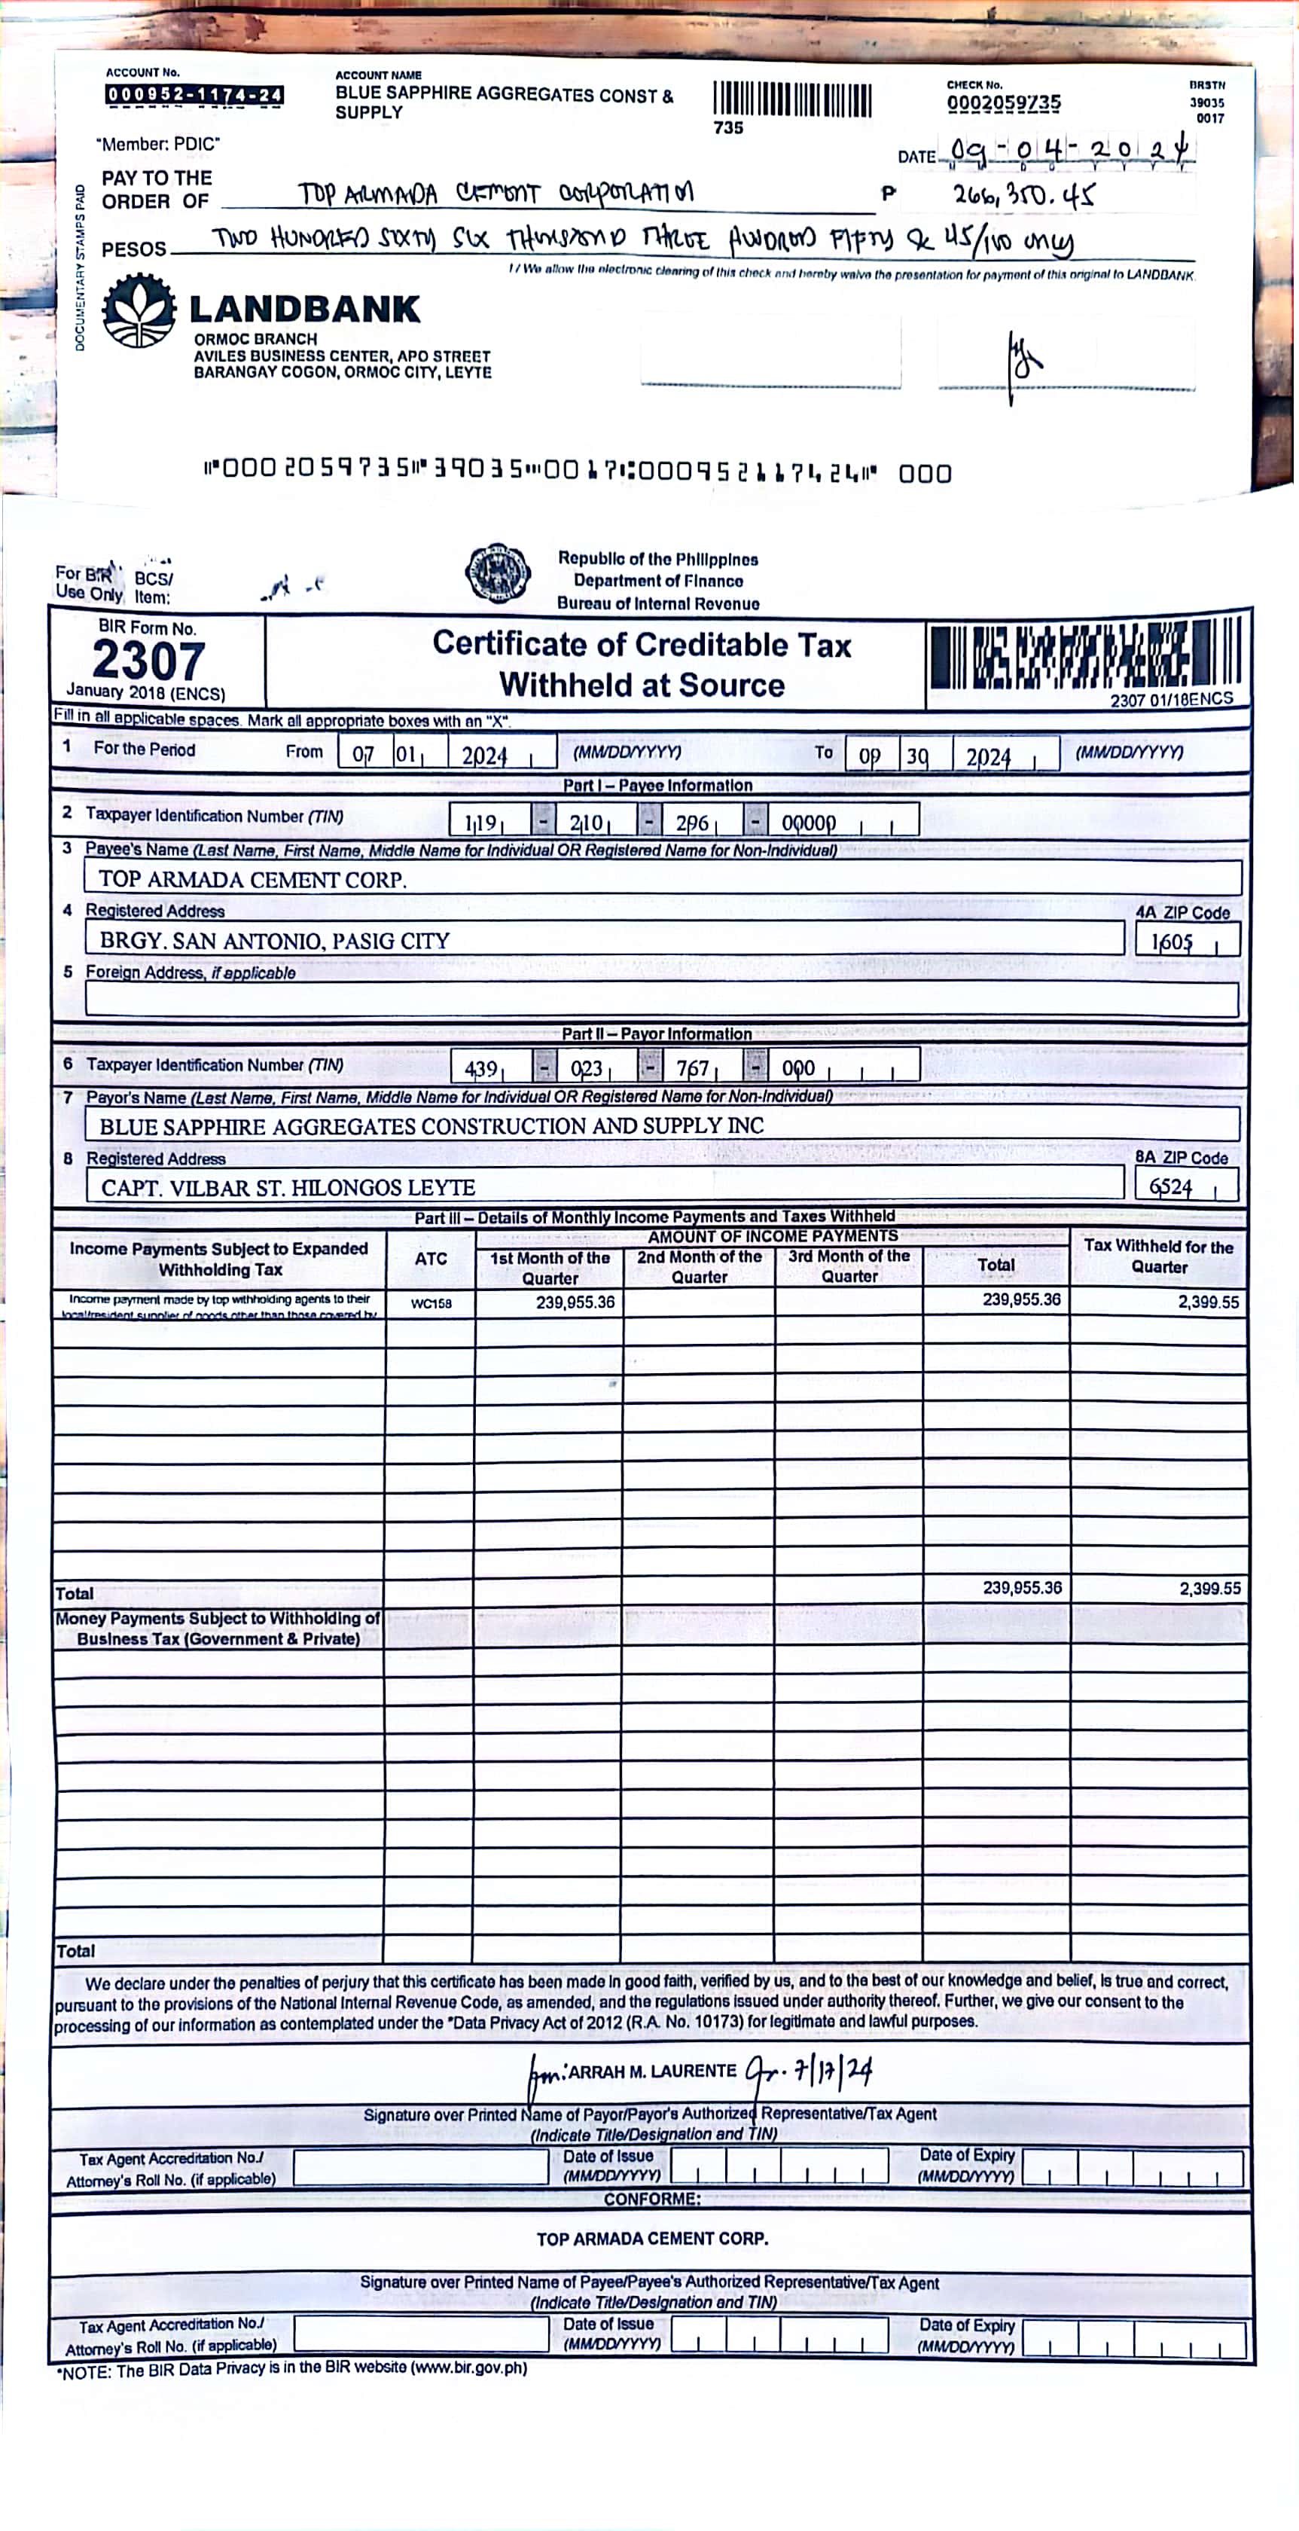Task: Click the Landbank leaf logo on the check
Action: click(x=139, y=310)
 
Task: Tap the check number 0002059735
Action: click(x=1003, y=103)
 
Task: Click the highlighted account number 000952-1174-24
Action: click(x=194, y=96)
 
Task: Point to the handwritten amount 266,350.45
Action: click(x=1023, y=196)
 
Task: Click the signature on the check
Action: click(x=1022, y=364)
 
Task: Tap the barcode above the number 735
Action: click(x=792, y=100)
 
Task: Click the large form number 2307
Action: click(x=148, y=661)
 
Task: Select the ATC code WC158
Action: click(x=431, y=1304)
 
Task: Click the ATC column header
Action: click(x=431, y=1259)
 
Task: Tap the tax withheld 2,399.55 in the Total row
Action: click(x=1209, y=1589)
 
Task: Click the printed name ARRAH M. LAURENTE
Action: click(x=651, y=2072)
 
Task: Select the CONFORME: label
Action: click(x=651, y=2199)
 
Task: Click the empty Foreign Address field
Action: click(x=660, y=1000)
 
